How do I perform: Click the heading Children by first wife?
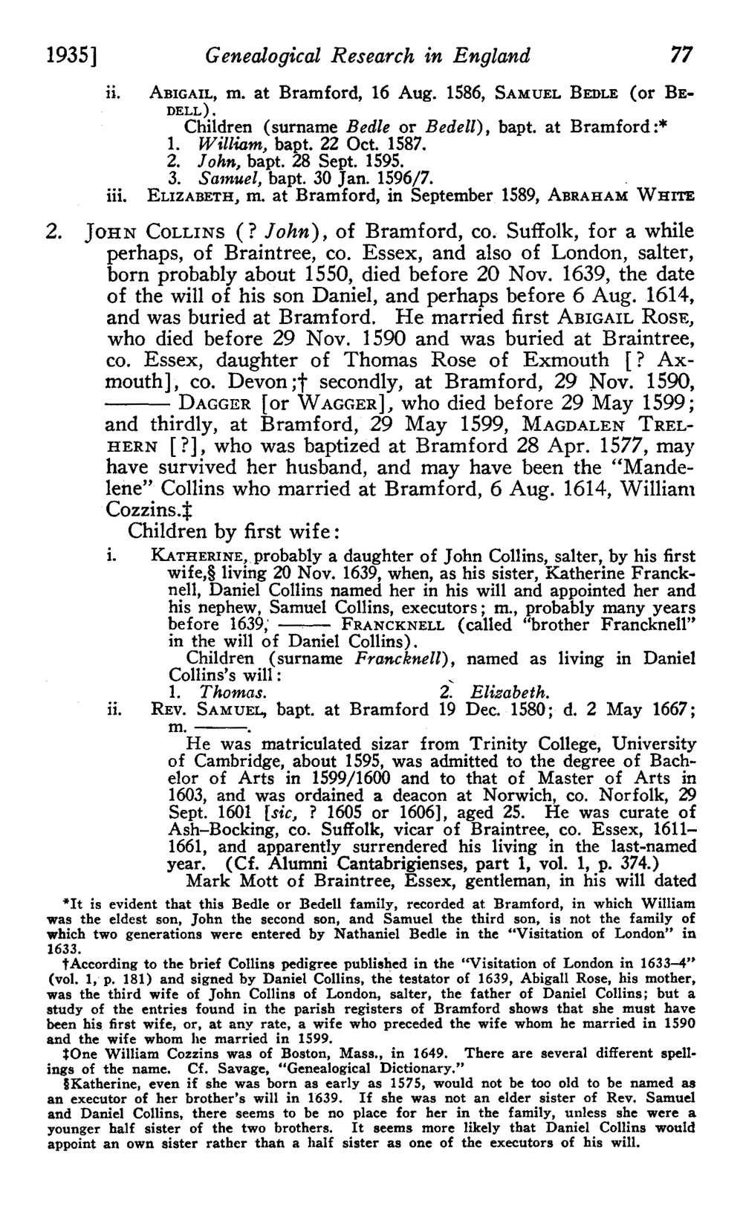pos(234,532)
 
